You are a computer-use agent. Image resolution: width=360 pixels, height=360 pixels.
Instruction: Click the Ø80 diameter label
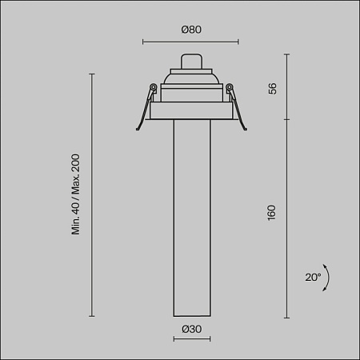(190, 30)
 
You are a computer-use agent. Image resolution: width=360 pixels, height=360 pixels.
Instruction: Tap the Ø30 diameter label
(190, 329)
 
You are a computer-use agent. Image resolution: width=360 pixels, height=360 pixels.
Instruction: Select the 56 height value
(272, 88)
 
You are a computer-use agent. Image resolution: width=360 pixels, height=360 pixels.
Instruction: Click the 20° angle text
(313, 277)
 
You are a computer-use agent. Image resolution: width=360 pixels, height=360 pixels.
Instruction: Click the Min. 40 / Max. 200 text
(77, 194)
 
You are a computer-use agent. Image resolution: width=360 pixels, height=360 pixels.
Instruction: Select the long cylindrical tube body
(190, 216)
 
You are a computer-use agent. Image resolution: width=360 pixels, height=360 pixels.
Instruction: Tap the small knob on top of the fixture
(190, 62)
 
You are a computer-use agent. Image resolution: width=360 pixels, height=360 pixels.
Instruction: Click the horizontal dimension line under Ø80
(190, 42)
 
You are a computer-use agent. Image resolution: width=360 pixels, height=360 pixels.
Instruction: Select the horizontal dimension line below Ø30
(190, 339)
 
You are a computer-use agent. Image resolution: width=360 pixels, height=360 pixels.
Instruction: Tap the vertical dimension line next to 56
(288, 88)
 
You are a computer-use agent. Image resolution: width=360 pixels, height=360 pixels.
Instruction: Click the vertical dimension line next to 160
(288, 216)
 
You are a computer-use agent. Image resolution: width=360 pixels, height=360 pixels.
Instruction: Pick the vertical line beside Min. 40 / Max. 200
(93, 194)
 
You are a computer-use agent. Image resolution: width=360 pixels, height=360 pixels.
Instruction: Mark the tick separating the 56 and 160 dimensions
(288, 121)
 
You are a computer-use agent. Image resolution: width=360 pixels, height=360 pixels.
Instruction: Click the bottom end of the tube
(190, 314)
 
